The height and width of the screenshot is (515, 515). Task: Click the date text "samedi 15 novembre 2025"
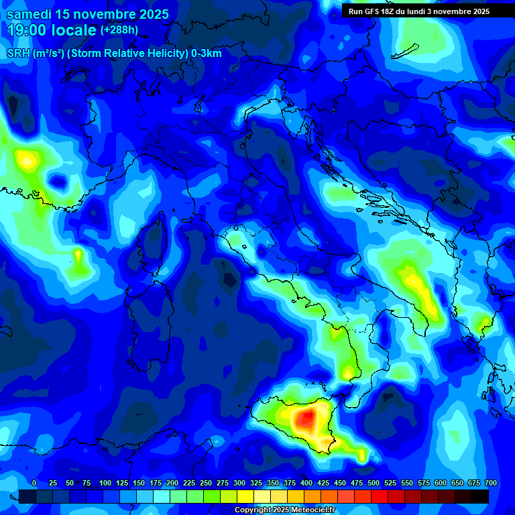tap(88, 14)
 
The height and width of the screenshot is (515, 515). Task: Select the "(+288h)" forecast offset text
tap(120, 30)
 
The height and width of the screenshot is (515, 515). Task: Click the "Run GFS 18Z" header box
tap(418, 11)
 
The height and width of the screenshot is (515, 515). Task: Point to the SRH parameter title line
tap(114, 53)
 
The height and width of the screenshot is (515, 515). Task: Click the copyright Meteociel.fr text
tap(284, 510)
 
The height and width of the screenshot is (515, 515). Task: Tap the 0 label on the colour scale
tap(34, 483)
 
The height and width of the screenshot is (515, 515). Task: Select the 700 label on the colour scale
tap(491, 483)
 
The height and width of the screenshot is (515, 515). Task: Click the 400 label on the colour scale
tap(306, 483)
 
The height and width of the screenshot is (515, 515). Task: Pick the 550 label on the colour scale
tap(407, 483)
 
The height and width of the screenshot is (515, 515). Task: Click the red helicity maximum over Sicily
tap(306, 420)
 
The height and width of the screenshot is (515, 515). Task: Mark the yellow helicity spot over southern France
tap(27, 160)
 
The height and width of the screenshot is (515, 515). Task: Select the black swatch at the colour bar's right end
tap(480, 496)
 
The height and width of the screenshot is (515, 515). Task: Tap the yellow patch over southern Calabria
tap(347, 371)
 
